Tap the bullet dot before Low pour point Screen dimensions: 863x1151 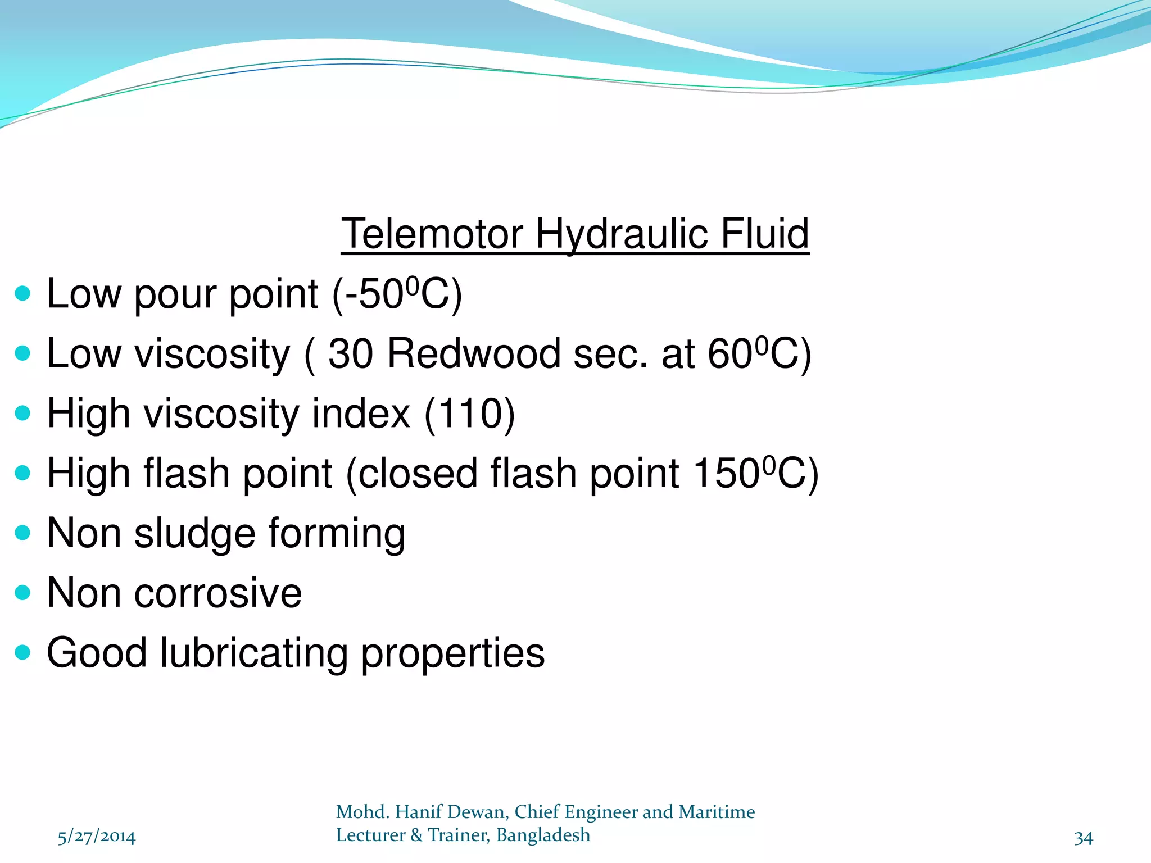pos(22,293)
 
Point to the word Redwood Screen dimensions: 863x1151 pos(474,354)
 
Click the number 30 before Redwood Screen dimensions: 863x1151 pos(351,354)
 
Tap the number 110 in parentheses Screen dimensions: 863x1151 pos(469,414)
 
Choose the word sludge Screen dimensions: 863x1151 pos(195,534)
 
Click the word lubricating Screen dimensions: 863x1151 pos(254,653)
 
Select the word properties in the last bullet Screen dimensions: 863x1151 pos(453,654)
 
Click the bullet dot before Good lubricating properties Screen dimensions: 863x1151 pos(22,652)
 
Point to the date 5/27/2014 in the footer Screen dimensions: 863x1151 pos(97,837)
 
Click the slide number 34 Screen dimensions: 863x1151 pos(1084,838)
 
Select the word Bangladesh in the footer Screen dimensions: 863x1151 pos(543,835)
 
